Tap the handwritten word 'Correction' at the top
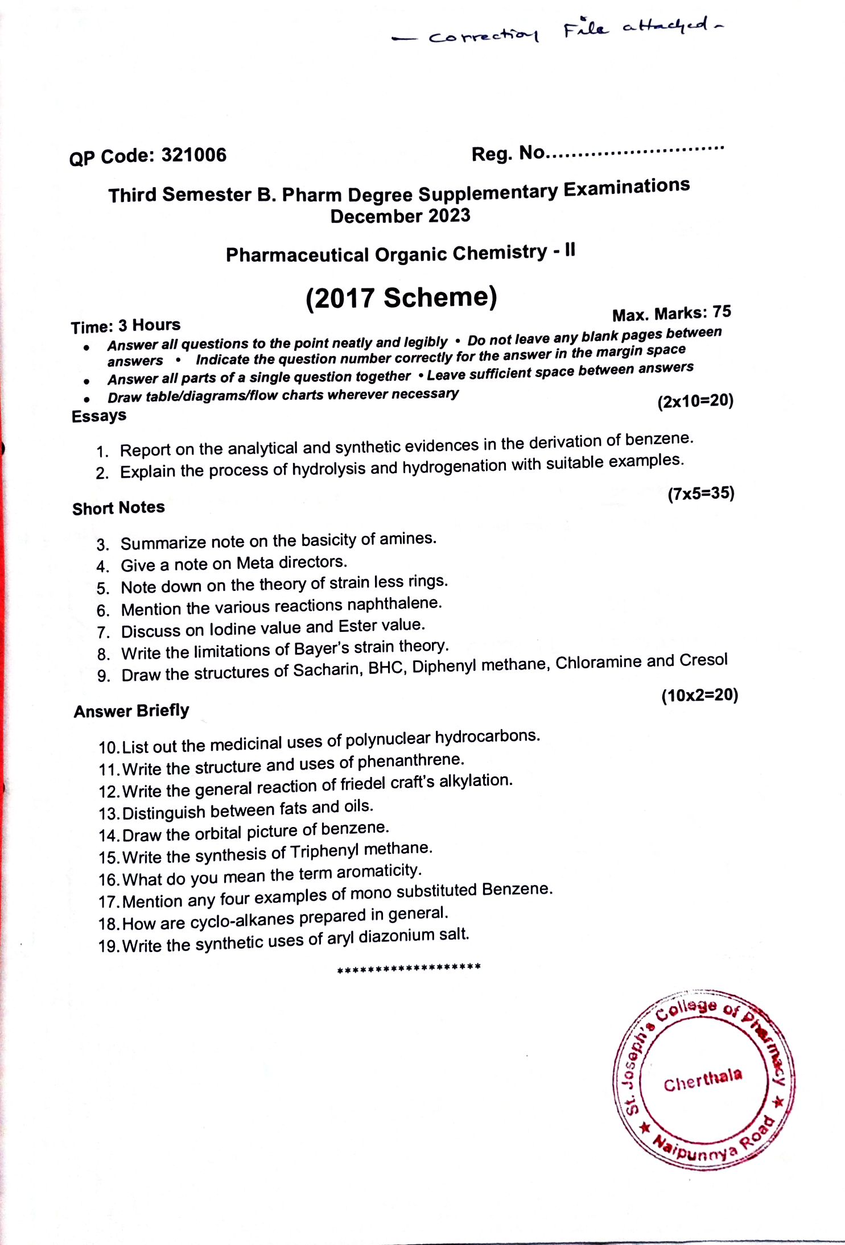point(483,36)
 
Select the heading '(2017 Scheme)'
point(401,298)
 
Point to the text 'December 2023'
point(400,216)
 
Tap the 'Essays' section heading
point(99,416)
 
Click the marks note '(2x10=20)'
point(695,401)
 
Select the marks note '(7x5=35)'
point(701,493)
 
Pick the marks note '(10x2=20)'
point(699,695)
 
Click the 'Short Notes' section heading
point(118,507)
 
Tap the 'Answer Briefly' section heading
point(131,711)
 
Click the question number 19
point(108,946)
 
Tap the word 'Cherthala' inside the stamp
point(703,1080)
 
